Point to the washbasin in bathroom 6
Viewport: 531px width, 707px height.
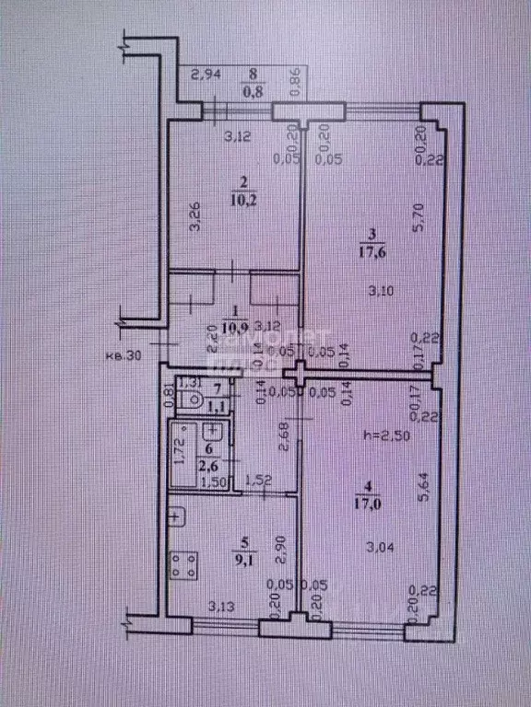[211, 431]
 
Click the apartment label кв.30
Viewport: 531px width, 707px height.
[123, 356]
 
